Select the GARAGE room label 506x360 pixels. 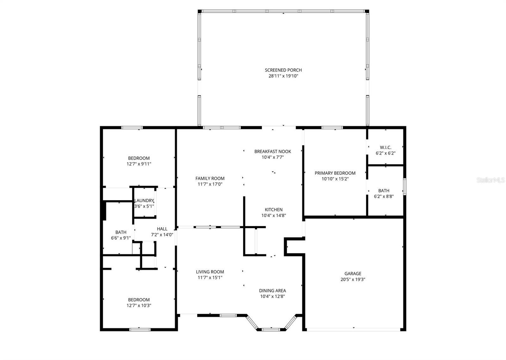[353, 274]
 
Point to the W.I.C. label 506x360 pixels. [385, 148]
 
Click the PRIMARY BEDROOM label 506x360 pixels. [335, 173]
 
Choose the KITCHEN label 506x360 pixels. [274, 210]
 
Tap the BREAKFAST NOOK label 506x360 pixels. [273, 152]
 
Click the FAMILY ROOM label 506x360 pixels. [210, 179]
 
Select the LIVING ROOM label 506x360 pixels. [210, 272]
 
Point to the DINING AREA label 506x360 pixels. [272, 291]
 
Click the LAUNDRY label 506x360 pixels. [144, 201]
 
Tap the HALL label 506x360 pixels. [162, 229]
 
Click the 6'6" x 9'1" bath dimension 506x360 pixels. [120, 238]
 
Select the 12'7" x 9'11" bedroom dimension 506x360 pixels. [139, 164]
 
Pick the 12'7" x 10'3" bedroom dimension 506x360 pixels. [139, 306]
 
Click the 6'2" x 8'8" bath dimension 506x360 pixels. [384, 196]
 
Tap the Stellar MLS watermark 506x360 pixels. [491, 180]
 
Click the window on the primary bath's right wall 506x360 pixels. [404, 186]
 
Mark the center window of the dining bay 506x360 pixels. [271, 330]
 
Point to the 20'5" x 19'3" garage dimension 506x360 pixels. [353, 279]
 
